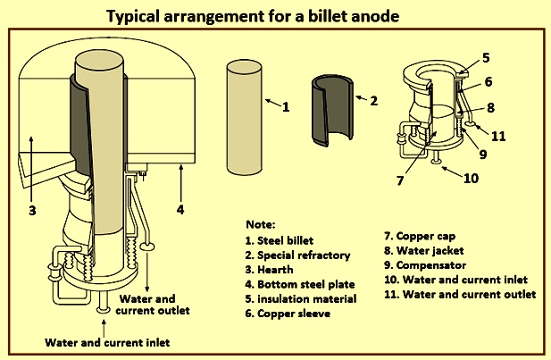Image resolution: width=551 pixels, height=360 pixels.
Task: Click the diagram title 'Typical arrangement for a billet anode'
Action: coord(253,16)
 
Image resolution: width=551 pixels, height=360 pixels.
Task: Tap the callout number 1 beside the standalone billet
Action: coord(286,107)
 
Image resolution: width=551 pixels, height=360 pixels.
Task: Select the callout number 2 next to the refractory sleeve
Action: coord(374,101)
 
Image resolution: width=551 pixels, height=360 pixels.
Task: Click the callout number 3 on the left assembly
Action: coord(32,211)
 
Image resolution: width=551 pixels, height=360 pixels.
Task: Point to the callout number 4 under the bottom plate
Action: coord(180,210)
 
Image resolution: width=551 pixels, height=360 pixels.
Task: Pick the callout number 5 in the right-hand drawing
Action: coord(486,58)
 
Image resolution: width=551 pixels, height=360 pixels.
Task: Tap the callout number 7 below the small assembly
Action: coord(400,180)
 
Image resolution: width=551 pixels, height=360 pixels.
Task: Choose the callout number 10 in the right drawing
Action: coord(472,179)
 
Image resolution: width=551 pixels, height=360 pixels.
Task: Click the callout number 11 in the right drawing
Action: coord(498,136)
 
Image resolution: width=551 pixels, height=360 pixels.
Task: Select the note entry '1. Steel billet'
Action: coord(280,241)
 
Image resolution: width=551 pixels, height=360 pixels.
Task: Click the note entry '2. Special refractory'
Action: coord(297,255)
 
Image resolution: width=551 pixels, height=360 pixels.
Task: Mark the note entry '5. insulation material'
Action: coord(301,299)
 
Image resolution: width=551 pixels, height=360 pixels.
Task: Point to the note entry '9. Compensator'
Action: coord(425,265)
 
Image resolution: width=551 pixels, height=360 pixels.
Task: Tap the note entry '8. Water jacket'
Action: coord(424,251)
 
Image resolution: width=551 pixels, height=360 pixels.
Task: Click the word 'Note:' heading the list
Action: coord(261,224)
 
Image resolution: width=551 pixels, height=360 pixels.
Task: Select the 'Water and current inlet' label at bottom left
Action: coord(107,342)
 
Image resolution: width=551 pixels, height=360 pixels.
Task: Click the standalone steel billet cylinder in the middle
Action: coord(245,117)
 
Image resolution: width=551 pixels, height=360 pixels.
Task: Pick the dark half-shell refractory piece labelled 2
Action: coord(332,111)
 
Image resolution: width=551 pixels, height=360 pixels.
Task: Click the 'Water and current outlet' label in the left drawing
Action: coord(153,305)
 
